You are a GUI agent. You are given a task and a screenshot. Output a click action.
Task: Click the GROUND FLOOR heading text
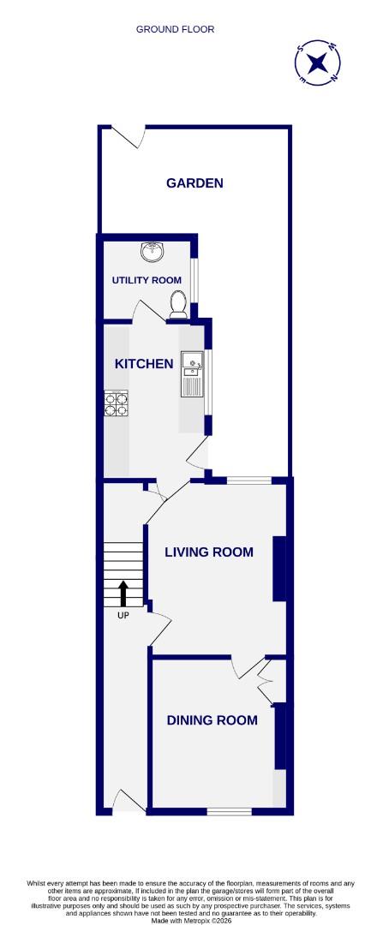pos(175,29)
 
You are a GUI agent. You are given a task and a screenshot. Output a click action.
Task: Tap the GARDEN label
pos(194,182)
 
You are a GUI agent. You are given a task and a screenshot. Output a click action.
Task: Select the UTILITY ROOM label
pos(147,280)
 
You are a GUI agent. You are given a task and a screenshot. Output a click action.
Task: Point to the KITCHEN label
pos(144,364)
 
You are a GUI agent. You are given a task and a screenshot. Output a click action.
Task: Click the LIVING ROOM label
pos(209,552)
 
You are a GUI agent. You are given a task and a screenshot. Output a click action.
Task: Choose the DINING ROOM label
pos(212,720)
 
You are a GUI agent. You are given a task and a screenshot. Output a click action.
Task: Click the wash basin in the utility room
pos(153,251)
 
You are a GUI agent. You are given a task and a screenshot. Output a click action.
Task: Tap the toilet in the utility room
pos(178,302)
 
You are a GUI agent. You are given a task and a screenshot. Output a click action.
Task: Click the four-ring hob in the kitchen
pos(116,403)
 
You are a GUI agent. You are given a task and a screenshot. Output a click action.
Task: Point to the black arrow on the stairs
pos(123,593)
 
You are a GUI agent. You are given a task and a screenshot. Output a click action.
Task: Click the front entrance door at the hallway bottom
pos(129,801)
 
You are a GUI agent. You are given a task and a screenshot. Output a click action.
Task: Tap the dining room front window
pos(228,810)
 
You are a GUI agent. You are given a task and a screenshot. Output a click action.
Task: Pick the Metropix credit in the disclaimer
pos(190,921)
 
